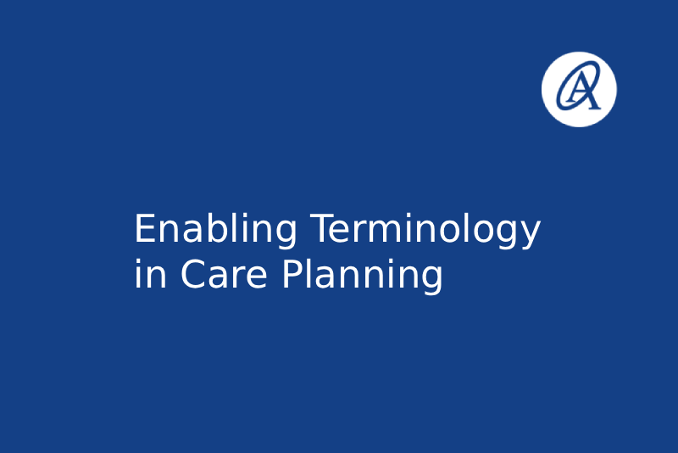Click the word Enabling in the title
(216, 230)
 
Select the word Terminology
(425, 230)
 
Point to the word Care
(224, 274)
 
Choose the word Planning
(363, 276)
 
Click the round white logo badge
(579, 89)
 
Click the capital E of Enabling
(145, 228)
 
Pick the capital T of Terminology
(323, 228)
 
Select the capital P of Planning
(292, 273)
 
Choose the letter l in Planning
(310, 273)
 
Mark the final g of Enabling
(286, 235)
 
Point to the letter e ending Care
(258, 277)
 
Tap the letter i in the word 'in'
(138, 273)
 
